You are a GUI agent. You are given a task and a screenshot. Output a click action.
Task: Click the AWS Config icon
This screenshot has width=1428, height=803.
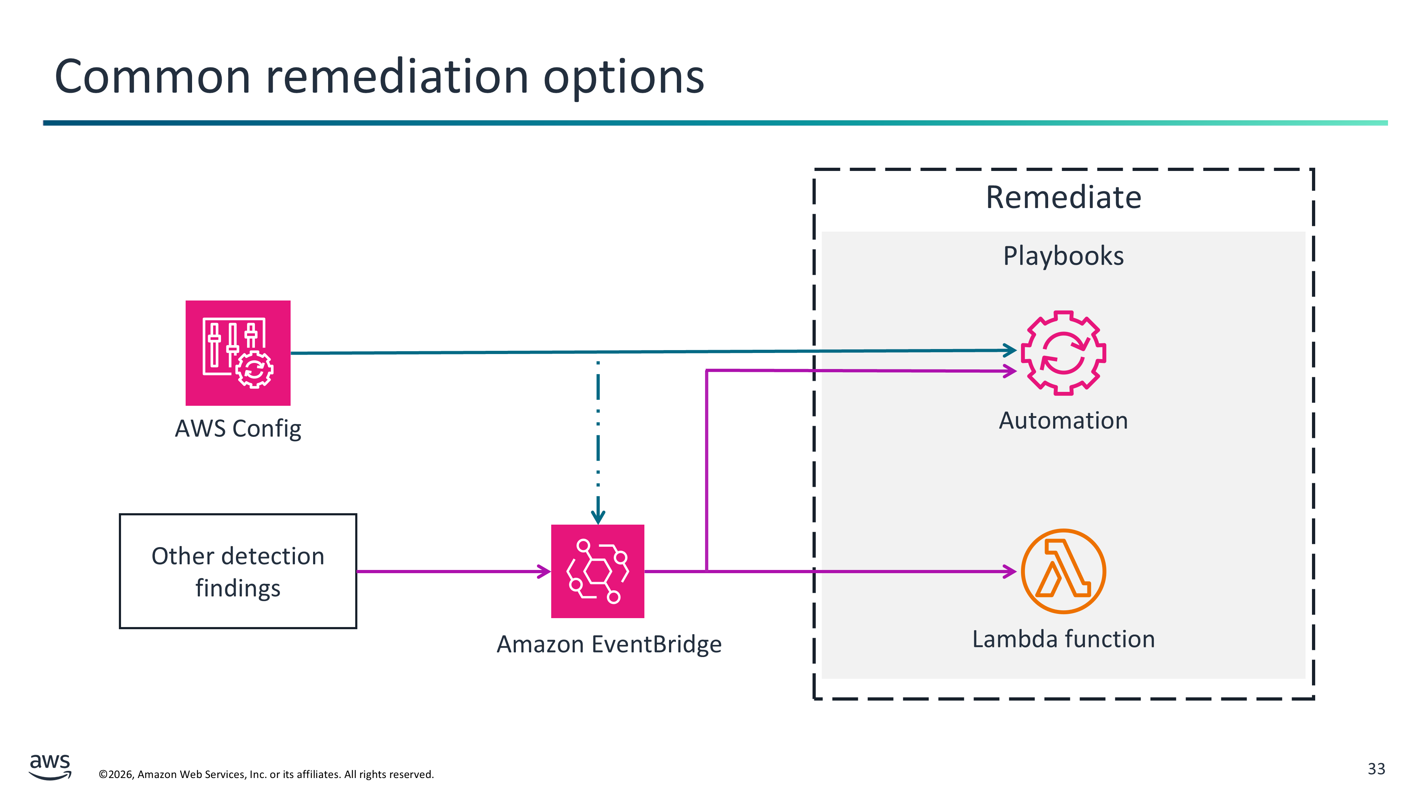(238, 353)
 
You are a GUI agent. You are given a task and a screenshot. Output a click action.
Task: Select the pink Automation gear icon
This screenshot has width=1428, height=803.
(1063, 353)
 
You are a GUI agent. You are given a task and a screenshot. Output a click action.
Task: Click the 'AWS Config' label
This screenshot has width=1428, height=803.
(238, 428)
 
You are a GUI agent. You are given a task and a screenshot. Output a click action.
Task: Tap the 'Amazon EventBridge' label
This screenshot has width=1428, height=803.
(609, 644)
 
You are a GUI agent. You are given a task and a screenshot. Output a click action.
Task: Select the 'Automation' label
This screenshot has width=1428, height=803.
(1063, 420)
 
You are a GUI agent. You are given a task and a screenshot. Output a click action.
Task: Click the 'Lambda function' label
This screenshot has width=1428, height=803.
(1063, 639)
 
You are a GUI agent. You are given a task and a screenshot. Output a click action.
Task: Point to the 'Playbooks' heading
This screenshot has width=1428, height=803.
(1063, 256)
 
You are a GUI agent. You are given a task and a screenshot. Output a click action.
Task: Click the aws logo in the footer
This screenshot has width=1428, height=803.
(50, 766)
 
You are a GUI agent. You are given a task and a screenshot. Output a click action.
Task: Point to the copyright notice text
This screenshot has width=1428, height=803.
(266, 774)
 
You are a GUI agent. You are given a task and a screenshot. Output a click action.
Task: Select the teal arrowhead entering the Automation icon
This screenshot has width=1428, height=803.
(1010, 350)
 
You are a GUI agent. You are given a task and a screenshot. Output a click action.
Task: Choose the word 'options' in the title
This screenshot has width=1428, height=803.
(624, 77)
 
